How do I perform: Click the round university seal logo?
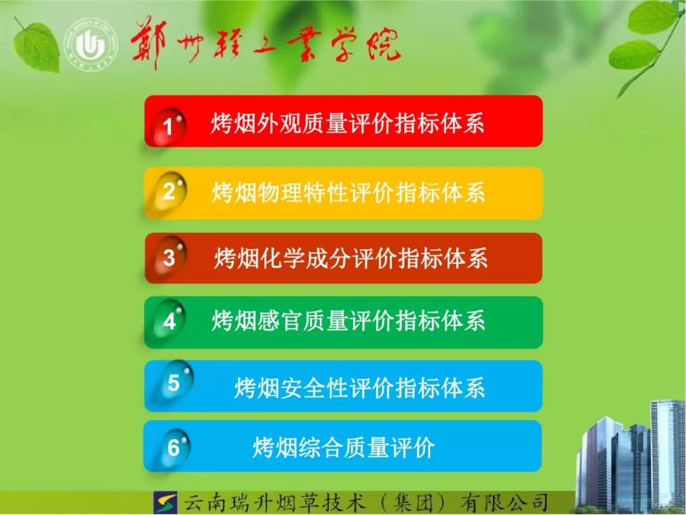pyautogui.click(x=91, y=45)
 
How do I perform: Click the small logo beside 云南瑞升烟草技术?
pyautogui.click(x=165, y=502)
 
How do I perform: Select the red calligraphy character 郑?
pyautogui.click(x=149, y=44)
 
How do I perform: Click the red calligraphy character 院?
pyautogui.click(x=384, y=44)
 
